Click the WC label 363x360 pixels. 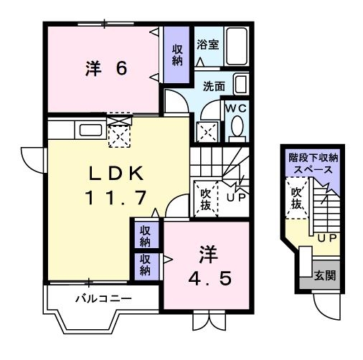tap(236, 108)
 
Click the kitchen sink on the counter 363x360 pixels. tap(90, 131)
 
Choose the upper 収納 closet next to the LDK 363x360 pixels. tap(145, 235)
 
